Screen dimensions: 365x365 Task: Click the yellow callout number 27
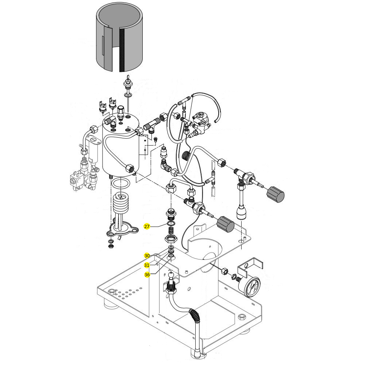coord(147,227)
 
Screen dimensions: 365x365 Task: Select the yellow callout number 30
coord(147,255)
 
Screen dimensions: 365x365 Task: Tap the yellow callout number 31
coord(147,265)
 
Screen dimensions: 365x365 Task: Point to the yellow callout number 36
coord(147,274)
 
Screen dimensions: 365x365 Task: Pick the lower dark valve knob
coord(225,224)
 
